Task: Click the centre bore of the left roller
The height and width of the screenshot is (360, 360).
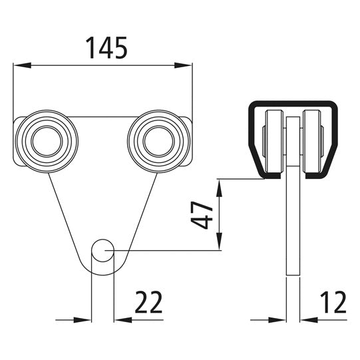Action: [46, 140]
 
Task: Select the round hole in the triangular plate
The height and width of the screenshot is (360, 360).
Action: [102, 251]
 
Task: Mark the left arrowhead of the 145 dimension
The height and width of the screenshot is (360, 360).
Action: [19, 65]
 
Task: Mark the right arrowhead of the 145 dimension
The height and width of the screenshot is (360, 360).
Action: [186, 65]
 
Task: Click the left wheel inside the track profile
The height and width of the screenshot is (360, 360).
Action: [273, 142]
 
